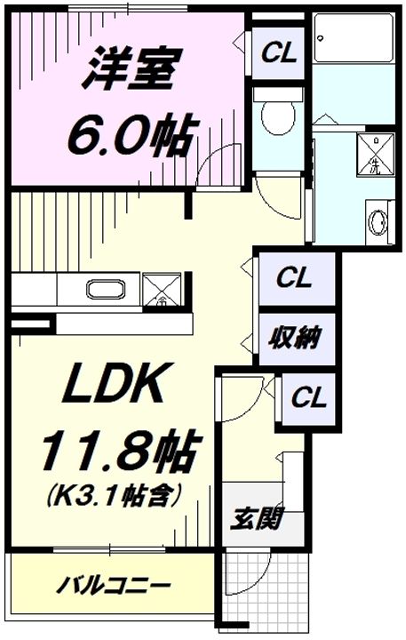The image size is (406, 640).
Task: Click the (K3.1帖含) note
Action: (x=115, y=494)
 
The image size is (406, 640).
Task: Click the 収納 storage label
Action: (x=293, y=338)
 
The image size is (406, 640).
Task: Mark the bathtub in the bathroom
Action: (x=353, y=39)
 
